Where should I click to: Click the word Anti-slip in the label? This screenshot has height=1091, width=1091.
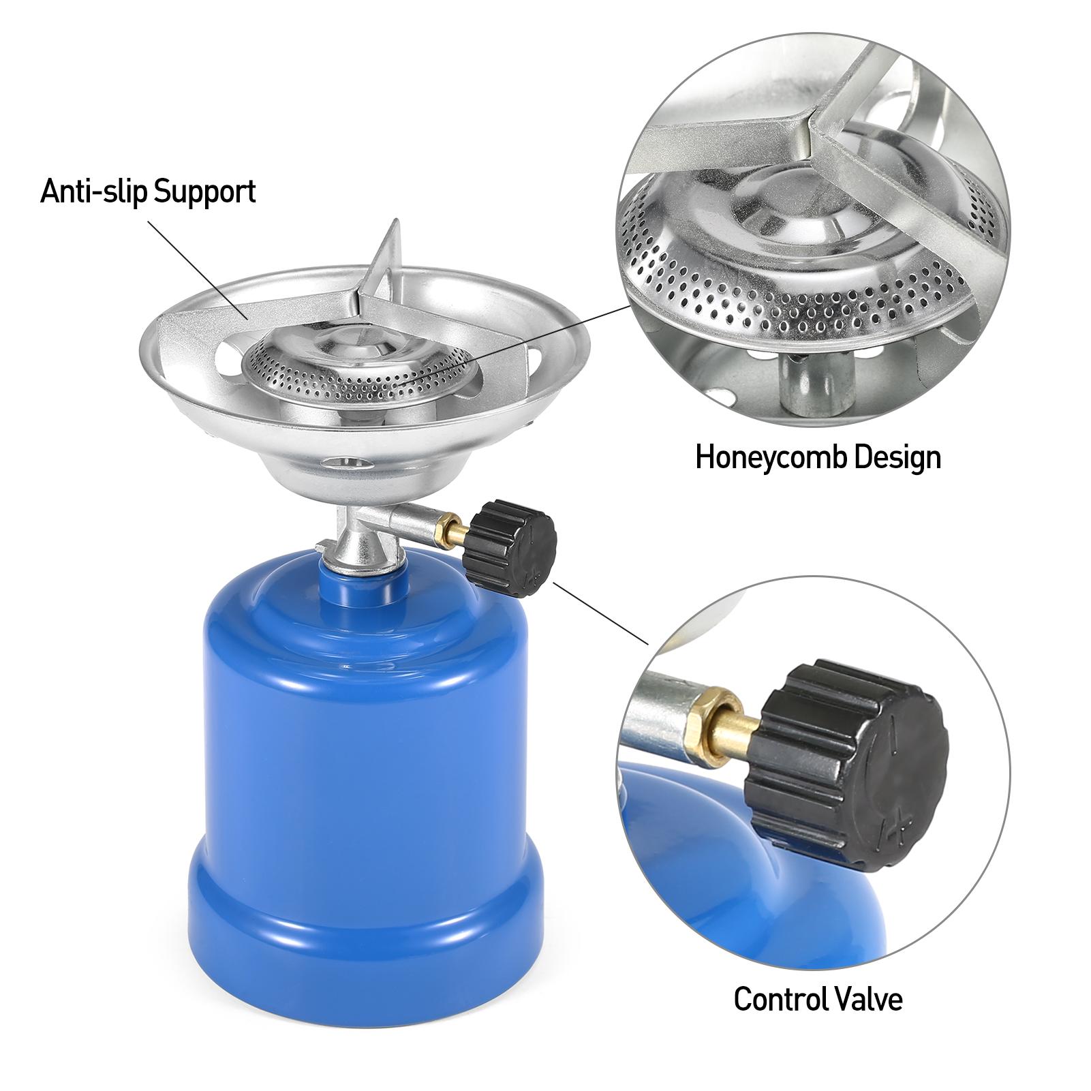click(95, 191)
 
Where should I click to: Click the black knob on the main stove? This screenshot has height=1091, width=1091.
click(510, 549)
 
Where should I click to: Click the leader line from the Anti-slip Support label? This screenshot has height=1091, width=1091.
click(197, 266)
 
